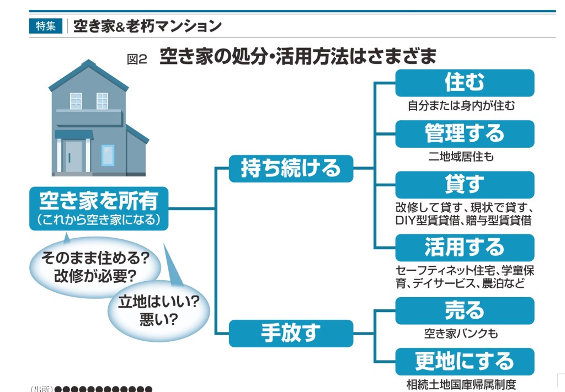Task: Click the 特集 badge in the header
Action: pos(45,26)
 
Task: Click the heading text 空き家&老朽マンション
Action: pos(147,26)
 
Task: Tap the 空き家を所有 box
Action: pos(98,208)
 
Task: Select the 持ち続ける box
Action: pos(290,168)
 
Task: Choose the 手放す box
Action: pos(290,333)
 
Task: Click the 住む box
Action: pos(464,83)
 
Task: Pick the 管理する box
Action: pos(464,133)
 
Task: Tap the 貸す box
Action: pos(464,184)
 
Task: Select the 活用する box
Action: pos(464,247)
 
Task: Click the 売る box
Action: pos(464,310)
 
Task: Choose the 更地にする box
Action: pos(464,361)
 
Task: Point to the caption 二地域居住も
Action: pos(461,157)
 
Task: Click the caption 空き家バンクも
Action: pos(461,334)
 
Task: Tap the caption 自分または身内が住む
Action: pos(461,105)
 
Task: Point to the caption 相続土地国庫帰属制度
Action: pos(461,384)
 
